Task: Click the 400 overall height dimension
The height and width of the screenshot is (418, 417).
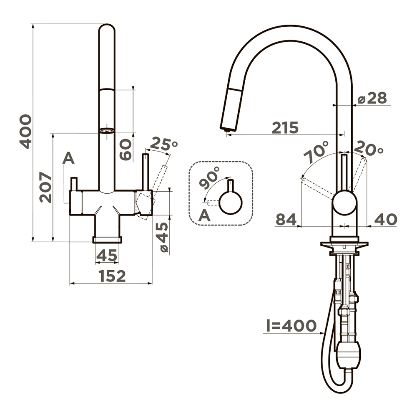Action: click(x=25, y=131)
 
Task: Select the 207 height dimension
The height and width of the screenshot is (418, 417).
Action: click(x=45, y=187)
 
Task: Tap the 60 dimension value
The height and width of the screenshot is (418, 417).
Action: click(x=126, y=150)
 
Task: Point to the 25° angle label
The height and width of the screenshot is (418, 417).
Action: click(x=163, y=144)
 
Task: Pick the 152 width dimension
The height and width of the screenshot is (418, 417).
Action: click(x=112, y=276)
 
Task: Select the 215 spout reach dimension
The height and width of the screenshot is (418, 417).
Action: click(x=285, y=127)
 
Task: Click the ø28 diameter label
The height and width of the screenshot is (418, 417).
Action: click(x=372, y=98)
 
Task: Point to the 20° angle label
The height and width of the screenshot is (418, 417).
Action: click(x=369, y=148)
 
